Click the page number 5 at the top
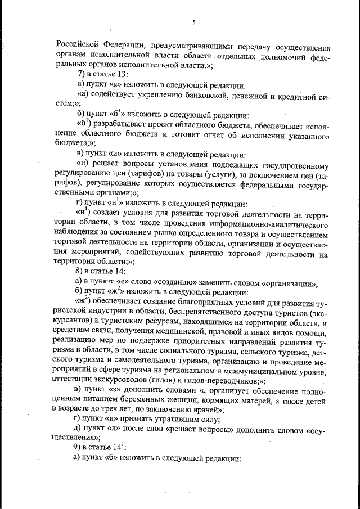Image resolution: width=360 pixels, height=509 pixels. point(193,23)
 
